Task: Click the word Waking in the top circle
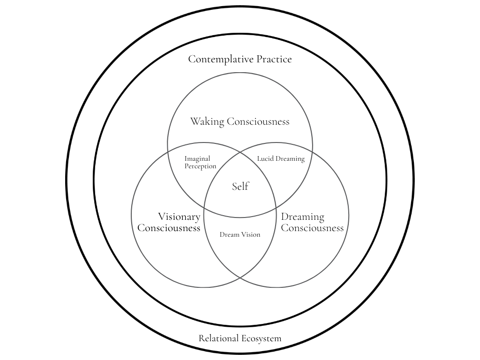coord(207,122)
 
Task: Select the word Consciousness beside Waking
coord(258,122)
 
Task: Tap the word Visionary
coord(179,217)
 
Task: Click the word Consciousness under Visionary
coord(169,228)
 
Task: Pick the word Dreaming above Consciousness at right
coord(302,217)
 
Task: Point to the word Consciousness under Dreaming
coord(312,228)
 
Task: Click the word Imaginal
coord(197,159)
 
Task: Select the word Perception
coord(200,166)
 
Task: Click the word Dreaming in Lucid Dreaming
coord(289,159)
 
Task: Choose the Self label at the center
coord(240,187)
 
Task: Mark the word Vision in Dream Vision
coord(250,234)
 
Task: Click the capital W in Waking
coord(194,122)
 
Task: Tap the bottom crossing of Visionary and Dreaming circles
coord(240,277)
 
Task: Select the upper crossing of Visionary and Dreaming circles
coord(240,152)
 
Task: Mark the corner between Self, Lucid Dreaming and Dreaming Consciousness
coord(276,208)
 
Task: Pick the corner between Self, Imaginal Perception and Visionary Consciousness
coord(204,208)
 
